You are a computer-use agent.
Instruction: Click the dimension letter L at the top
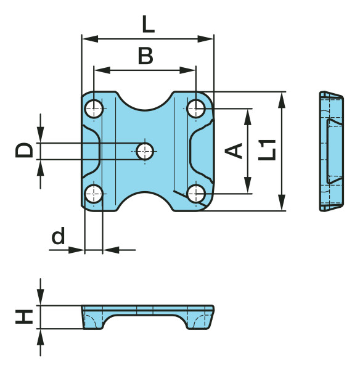click(149, 24)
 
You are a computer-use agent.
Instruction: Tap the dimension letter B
click(145, 55)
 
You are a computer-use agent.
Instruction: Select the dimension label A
click(234, 150)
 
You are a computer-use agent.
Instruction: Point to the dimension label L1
click(267, 150)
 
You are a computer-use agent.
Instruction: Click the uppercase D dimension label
click(24, 150)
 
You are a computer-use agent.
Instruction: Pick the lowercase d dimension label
click(58, 236)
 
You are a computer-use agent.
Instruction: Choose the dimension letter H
click(24, 317)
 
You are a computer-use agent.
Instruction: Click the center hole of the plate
click(145, 151)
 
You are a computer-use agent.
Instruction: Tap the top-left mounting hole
click(94, 109)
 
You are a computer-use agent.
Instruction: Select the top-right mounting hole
click(196, 109)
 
